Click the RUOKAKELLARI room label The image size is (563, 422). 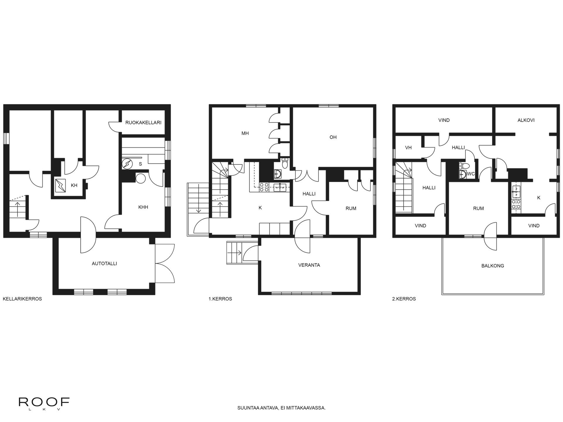click(143, 122)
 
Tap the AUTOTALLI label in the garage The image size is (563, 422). click(104, 263)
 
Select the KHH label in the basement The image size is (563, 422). click(143, 207)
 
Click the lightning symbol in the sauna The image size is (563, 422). click(127, 164)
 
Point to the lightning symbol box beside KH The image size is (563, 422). click(61, 185)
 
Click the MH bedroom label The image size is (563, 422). click(245, 133)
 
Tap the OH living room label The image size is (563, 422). click(333, 137)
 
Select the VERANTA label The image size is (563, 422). click(309, 265)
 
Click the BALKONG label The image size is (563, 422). click(493, 266)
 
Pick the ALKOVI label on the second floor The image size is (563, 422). click(526, 120)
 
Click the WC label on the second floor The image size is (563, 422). click(471, 174)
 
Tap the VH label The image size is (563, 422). click(408, 148)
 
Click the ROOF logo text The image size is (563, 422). click(44, 402)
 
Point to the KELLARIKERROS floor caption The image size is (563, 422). click(22, 299)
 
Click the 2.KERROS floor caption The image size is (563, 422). click(404, 299)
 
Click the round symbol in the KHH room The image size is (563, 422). click(141, 178)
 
